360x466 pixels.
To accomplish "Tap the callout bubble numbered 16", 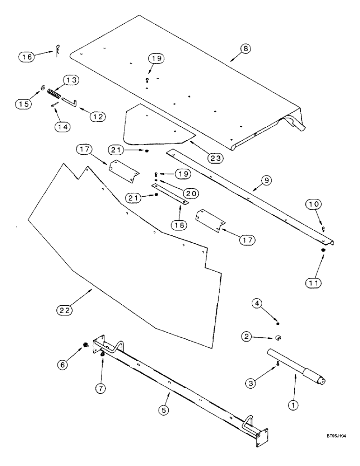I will pyautogui.click(x=27, y=57).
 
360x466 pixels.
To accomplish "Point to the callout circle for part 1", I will pyautogui.click(x=293, y=405).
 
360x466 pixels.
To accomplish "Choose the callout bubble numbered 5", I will pyautogui.click(x=164, y=410).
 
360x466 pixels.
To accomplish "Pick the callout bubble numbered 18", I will pyautogui.click(x=180, y=224).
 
